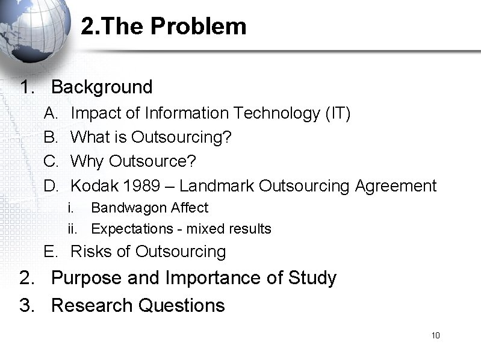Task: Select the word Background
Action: (102, 87)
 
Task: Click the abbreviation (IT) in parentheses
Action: (336, 113)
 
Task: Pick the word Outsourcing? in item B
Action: (181, 138)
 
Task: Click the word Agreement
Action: (395, 186)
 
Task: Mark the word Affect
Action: (190, 208)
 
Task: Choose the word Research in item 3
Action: (92, 306)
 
